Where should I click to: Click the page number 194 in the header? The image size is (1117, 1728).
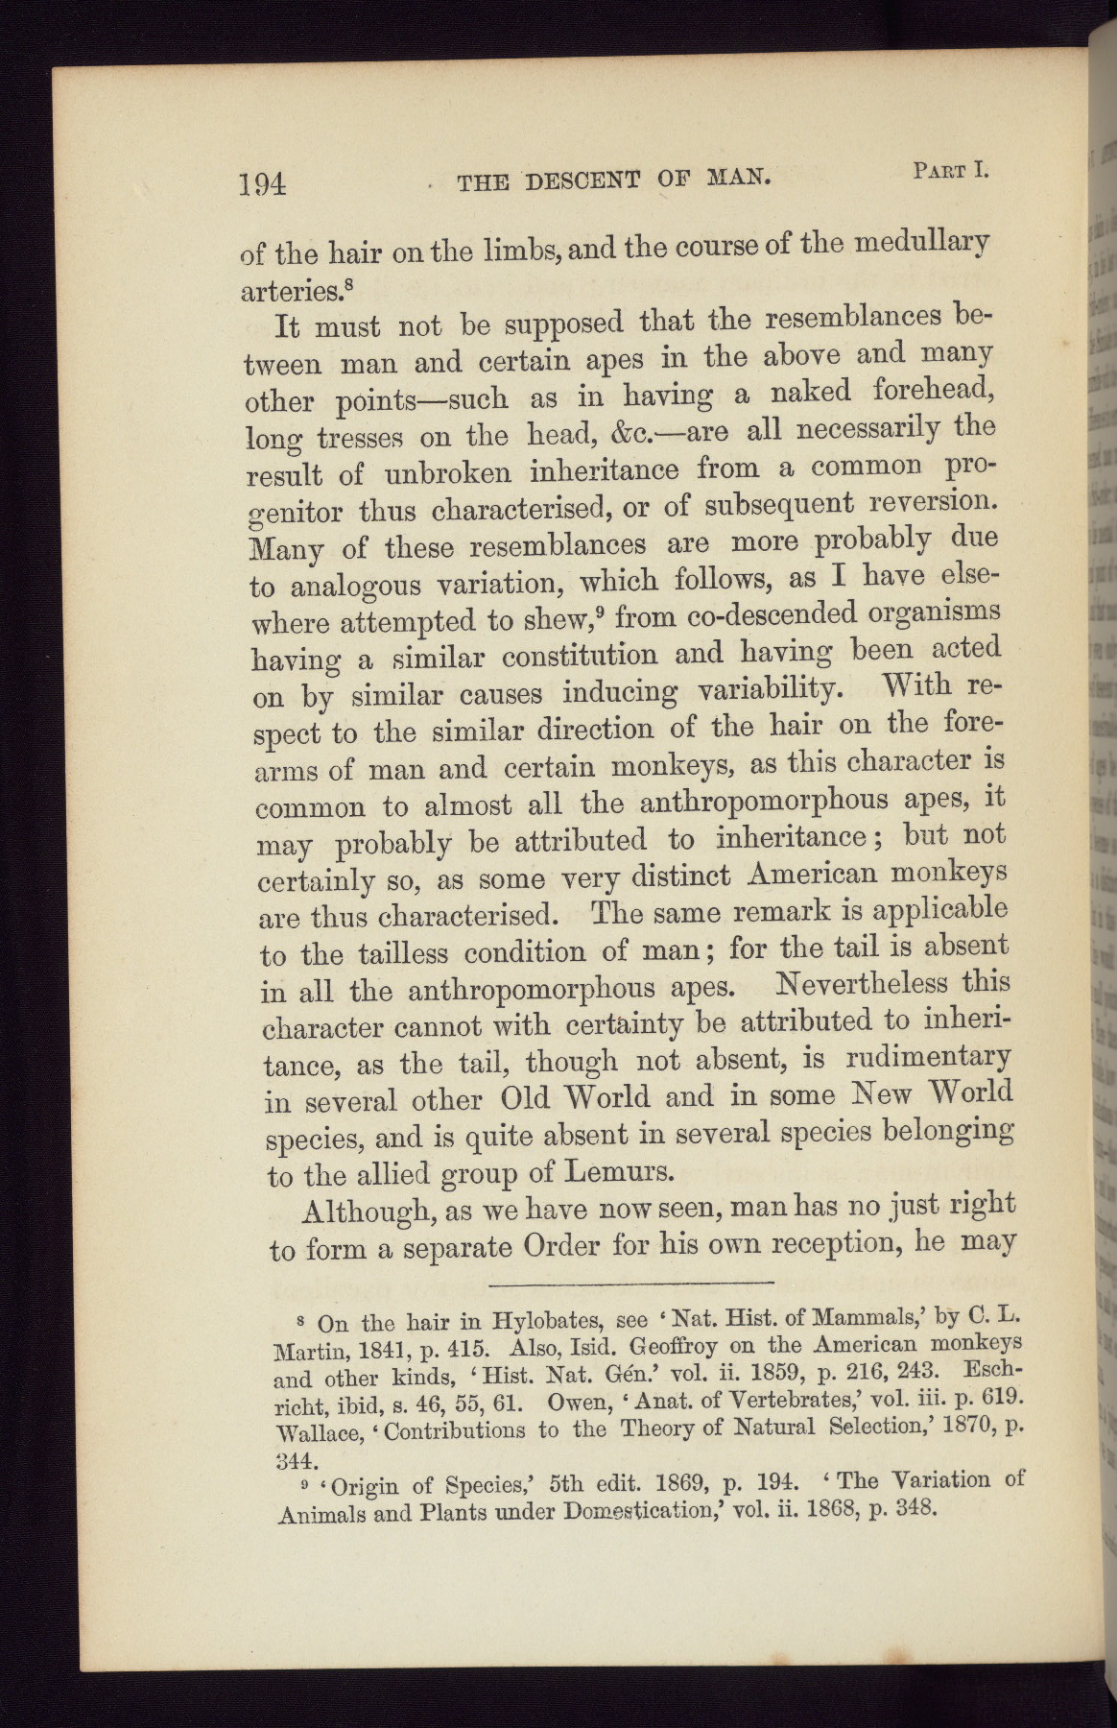point(263,181)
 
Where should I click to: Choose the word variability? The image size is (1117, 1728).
point(765,689)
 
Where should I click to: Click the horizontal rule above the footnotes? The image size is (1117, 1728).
point(630,1283)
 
